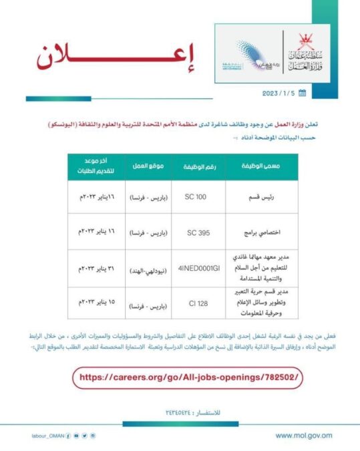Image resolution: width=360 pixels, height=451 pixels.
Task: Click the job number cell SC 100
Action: tap(198, 198)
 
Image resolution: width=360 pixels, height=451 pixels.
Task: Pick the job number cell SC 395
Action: tap(198, 232)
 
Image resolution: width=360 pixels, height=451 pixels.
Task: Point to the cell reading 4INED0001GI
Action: tap(198, 269)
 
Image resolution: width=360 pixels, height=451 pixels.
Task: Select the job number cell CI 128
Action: tap(198, 304)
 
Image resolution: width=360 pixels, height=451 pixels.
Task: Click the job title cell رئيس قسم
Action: tap(254, 198)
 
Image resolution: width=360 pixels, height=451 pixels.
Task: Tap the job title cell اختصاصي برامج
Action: tap(254, 232)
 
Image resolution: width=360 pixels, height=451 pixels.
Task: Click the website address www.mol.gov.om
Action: tap(303, 435)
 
